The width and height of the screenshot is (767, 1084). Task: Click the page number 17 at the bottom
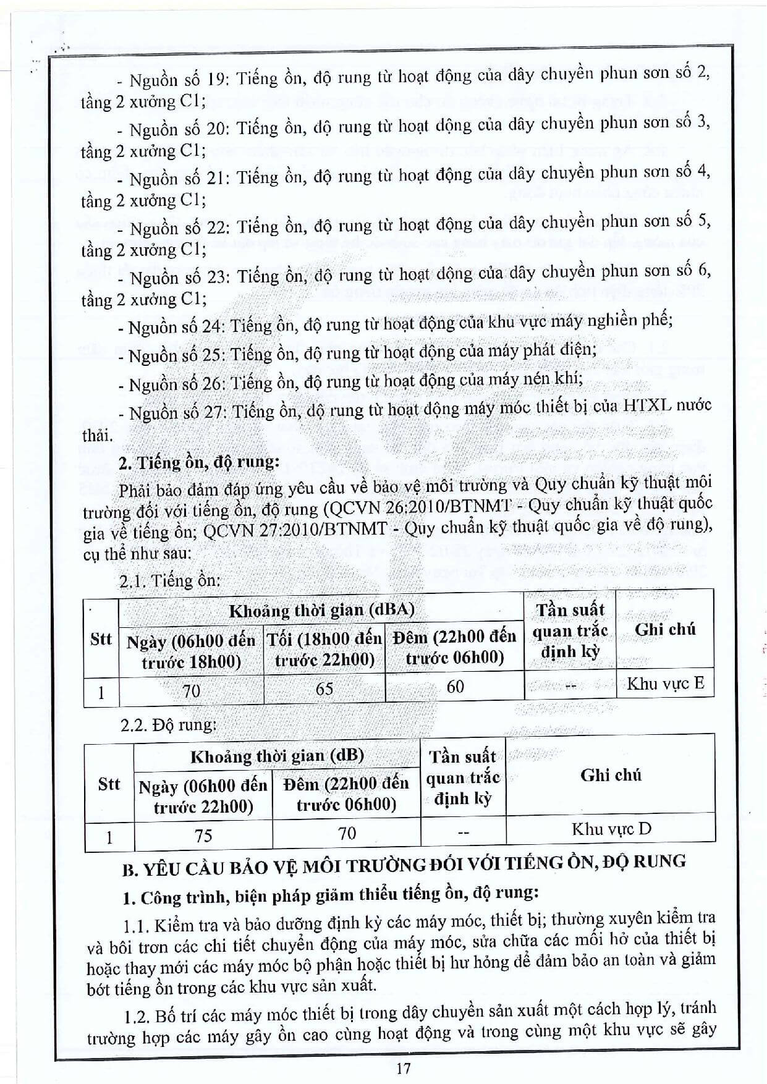click(404, 1067)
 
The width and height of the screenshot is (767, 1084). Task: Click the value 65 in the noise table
click(324, 688)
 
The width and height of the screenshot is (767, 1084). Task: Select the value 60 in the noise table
click(455, 687)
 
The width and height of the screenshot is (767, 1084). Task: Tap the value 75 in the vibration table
click(203, 836)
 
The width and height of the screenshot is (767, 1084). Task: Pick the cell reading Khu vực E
click(666, 684)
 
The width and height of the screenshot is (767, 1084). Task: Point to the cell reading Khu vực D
click(611, 829)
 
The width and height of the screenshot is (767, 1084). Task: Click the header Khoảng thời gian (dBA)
click(321, 611)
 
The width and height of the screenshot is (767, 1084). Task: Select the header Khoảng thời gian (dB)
click(277, 756)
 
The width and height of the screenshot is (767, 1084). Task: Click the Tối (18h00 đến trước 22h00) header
click(324, 650)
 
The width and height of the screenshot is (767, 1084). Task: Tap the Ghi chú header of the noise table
click(665, 630)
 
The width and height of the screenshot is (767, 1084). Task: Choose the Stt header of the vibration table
click(109, 784)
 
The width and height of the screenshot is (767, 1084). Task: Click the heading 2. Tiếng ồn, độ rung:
click(199, 462)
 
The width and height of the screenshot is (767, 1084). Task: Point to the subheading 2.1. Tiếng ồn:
click(170, 581)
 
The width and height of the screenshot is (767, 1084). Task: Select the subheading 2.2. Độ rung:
click(169, 725)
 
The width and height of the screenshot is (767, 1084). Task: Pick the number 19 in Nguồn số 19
click(214, 79)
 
